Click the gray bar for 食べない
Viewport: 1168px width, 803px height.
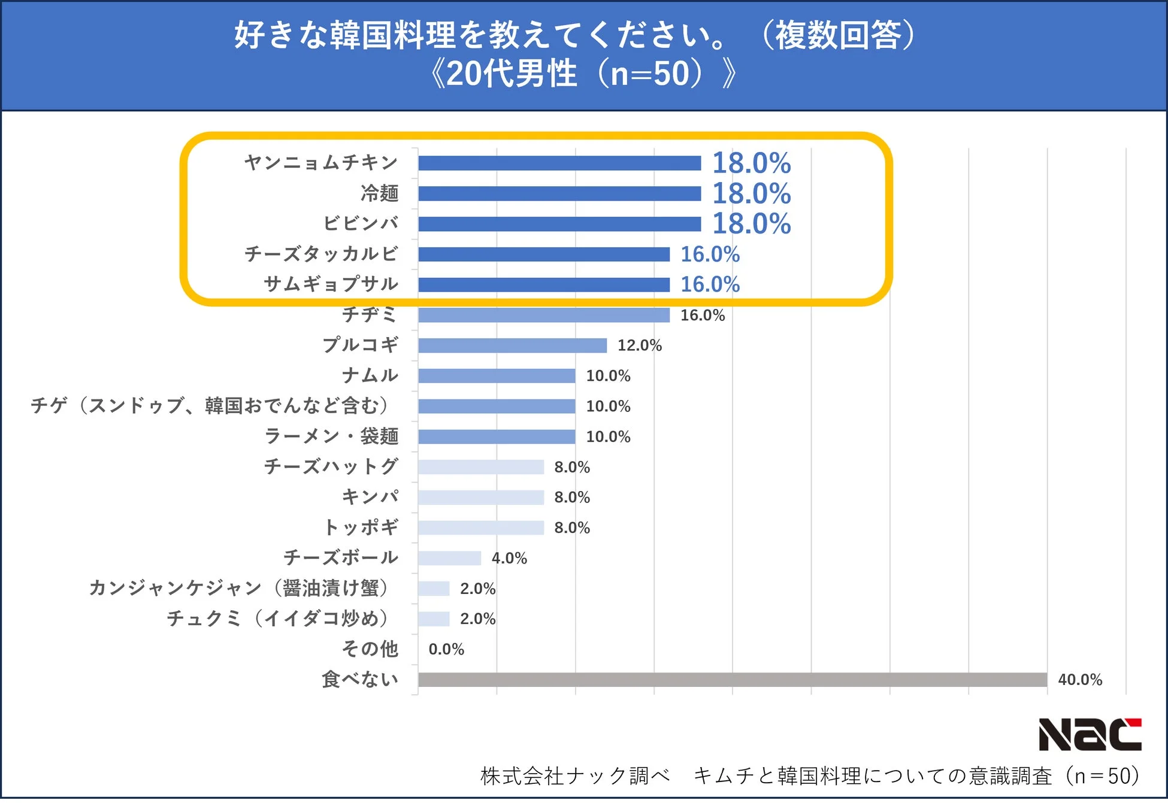point(732,680)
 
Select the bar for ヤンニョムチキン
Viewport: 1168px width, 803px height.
point(559,163)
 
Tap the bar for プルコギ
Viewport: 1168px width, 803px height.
point(512,346)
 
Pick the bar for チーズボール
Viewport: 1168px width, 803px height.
point(449,558)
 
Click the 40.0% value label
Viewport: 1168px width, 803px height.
point(1079,680)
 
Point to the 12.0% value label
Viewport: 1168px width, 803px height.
point(639,346)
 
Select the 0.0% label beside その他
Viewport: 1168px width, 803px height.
point(446,649)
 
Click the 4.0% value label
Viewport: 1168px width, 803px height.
point(509,558)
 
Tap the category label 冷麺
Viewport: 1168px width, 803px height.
point(379,193)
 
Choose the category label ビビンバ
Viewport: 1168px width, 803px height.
point(361,223)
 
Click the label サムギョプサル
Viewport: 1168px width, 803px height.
point(331,284)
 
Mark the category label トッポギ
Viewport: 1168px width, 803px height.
point(361,527)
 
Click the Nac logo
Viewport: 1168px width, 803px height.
point(1090,734)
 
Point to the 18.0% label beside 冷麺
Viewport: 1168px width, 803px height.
point(751,193)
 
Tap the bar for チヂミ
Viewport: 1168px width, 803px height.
point(543,315)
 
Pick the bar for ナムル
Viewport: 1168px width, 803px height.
point(497,376)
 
